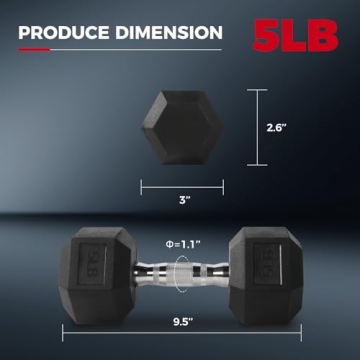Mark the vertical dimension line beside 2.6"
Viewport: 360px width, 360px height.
[x=258, y=127]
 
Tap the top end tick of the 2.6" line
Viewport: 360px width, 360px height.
[x=258, y=91]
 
